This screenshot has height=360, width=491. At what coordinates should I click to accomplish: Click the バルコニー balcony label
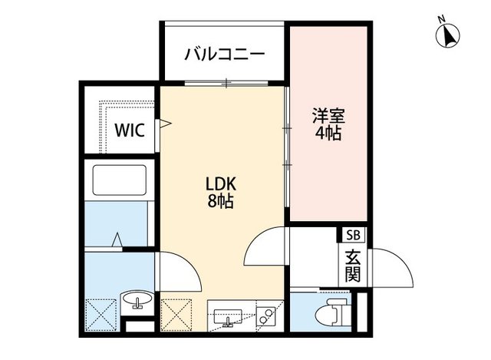[225, 55]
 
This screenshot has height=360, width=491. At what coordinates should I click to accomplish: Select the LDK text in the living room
[222, 185]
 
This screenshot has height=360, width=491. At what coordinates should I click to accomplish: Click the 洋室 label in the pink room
[328, 117]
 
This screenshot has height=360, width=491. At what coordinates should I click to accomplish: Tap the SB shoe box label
[353, 236]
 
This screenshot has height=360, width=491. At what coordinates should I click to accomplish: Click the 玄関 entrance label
[353, 265]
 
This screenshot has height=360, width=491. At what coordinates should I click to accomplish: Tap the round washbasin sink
[139, 300]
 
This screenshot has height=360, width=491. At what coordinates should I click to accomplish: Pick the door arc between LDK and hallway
[265, 246]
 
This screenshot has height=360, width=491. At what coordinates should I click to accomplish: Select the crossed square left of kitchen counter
[178, 315]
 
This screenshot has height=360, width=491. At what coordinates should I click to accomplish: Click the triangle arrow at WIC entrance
[163, 122]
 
